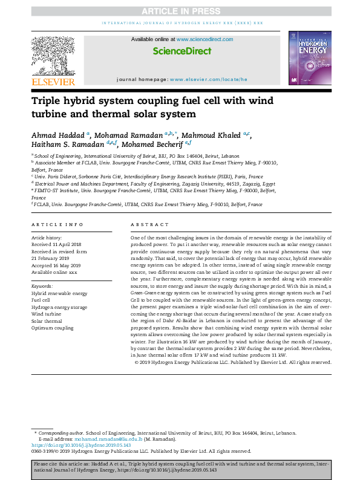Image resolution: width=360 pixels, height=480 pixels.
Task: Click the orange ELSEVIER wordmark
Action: click(54, 82)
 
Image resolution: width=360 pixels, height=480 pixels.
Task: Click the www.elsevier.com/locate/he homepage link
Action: click(208, 79)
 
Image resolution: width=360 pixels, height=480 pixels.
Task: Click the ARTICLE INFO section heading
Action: click(57, 225)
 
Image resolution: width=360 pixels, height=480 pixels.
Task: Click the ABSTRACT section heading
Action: click(146, 225)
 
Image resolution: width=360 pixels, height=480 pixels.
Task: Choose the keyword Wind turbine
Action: click(46, 314)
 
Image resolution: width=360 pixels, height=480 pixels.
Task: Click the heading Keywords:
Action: click(42, 285)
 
